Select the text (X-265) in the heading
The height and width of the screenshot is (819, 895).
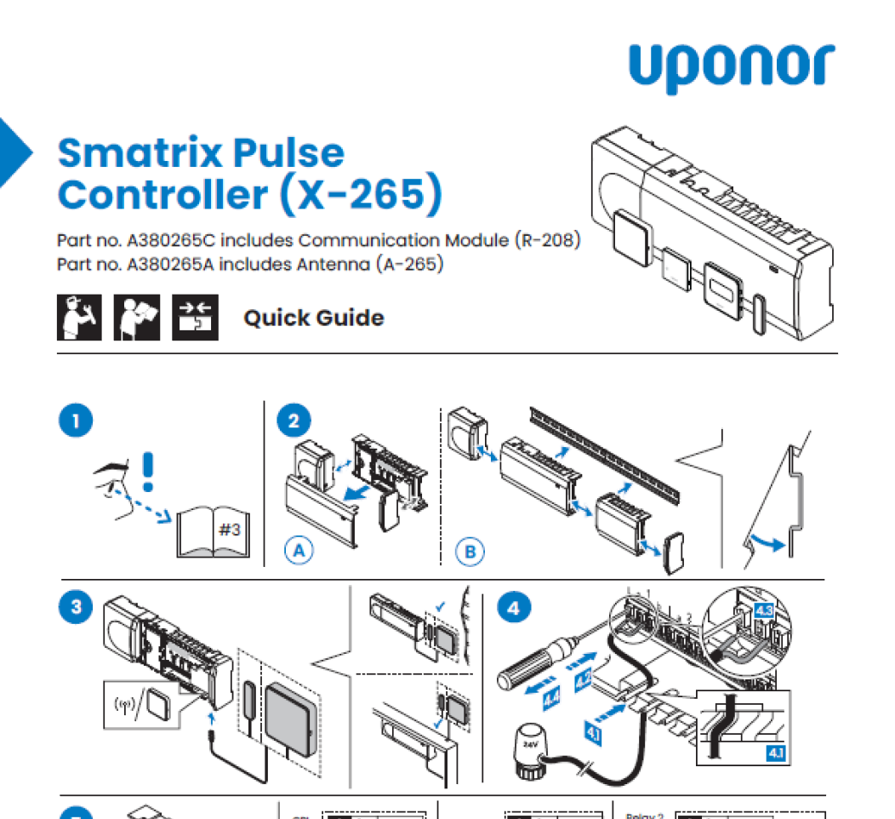pyautogui.click(x=361, y=194)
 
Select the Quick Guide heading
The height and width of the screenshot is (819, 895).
pyautogui.click(x=313, y=318)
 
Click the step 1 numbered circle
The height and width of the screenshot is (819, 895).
pyautogui.click(x=77, y=421)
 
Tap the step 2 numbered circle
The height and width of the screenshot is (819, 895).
pyautogui.click(x=294, y=421)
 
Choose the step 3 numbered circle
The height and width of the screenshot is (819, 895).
pyautogui.click(x=77, y=606)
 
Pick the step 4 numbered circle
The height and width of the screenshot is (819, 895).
pyautogui.click(x=514, y=606)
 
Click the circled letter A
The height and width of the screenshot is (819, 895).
pyautogui.click(x=298, y=551)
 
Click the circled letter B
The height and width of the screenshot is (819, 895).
pyautogui.click(x=470, y=552)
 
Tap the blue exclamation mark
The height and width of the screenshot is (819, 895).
pyautogui.click(x=149, y=471)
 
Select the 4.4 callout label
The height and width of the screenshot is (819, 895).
pyautogui.click(x=551, y=698)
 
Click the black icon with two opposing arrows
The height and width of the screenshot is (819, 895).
pyautogui.click(x=196, y=318)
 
